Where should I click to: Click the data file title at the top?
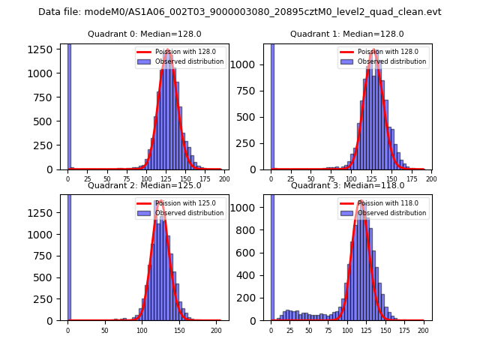(x=240, y=12)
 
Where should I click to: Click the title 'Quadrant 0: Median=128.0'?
(x=145, y=34)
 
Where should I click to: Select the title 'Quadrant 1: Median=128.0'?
(x=347, y=34)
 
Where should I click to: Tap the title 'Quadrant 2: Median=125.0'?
(x=145, y=185)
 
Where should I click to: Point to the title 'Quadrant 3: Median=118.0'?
(x=347, y=185)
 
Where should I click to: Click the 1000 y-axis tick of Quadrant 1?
(x=251, y=64)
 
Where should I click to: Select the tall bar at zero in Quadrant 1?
(x=271, y=106)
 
